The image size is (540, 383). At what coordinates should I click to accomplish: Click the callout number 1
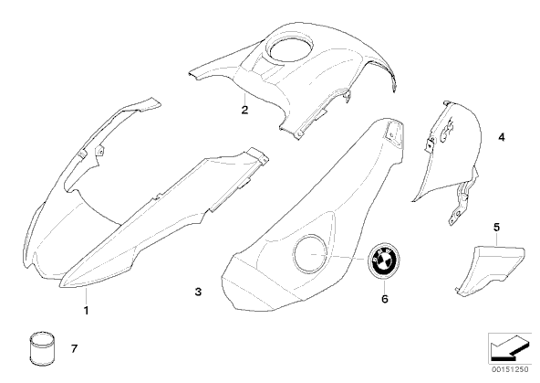(86, 310)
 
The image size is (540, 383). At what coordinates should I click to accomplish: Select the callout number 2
(244, 110)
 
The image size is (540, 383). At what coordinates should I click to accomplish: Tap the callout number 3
(198, 292)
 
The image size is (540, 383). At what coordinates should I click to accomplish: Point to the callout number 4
(502, 137)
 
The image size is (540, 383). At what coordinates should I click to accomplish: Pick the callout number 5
(496, 228)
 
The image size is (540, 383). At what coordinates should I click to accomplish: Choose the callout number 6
(385, 299)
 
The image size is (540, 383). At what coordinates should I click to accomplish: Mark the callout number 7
(75, 349)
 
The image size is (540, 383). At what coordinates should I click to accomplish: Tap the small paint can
(42, 349)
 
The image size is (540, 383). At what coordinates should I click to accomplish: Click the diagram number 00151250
(510, 369)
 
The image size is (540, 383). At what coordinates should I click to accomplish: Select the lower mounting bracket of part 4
(462, 204)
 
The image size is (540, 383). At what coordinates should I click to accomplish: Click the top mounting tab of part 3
(394, 132)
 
